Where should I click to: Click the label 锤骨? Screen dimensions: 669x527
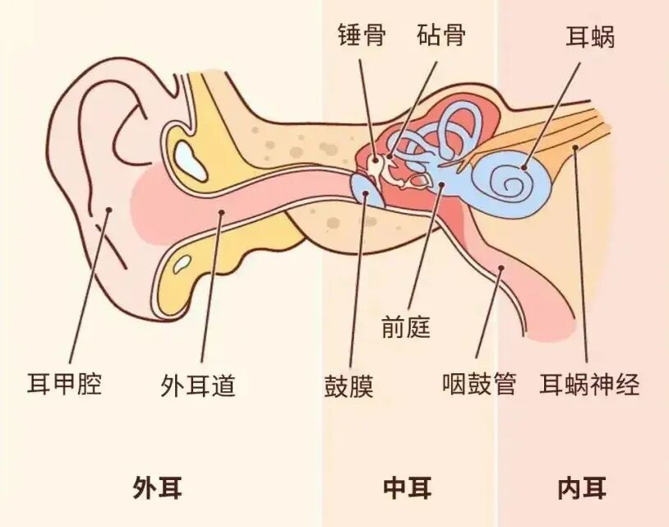[361, 36]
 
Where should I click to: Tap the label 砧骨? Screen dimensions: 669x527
[441, 36]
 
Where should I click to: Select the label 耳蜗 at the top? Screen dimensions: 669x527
[590, 38]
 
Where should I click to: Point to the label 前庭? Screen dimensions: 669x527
[406, 328]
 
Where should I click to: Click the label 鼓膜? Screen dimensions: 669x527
[348, 385]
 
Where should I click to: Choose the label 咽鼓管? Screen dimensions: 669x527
[478, 384]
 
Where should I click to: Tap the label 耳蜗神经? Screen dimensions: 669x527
[589, 384]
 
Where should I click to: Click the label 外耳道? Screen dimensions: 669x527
[198, 385]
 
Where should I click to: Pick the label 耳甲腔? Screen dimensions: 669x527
[65, 384]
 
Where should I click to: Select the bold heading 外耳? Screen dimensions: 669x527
[157, 488]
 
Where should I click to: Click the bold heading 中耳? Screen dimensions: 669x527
[408, 488]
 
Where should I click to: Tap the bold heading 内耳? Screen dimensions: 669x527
[582, 488]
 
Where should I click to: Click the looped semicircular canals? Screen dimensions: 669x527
[448, 132]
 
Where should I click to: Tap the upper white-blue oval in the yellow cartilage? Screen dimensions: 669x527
[191, 160]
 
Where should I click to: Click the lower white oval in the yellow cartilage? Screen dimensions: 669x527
[182, 264]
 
